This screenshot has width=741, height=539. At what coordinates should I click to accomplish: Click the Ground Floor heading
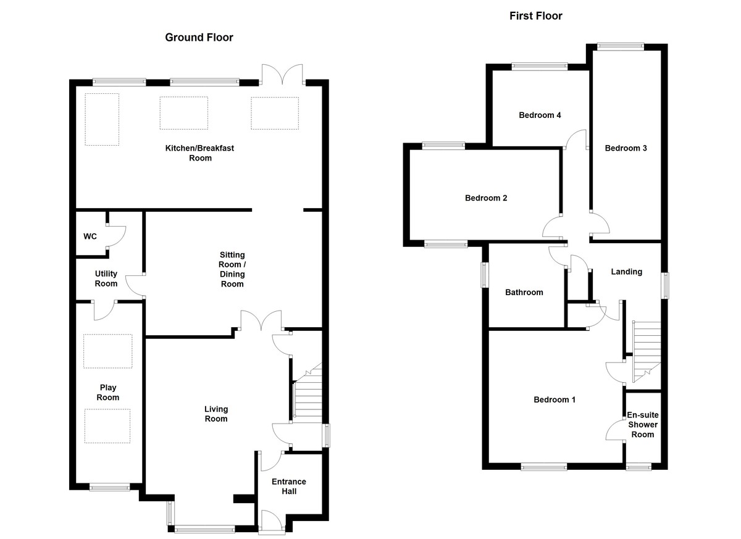[x=199, y=38]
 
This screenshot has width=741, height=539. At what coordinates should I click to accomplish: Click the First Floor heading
[x=535, y=16]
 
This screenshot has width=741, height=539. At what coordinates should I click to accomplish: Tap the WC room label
[x=90, y=236]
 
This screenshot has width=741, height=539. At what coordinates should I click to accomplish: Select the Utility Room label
[x=106, y=278]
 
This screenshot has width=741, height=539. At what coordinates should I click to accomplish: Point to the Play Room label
[x=109, y=393]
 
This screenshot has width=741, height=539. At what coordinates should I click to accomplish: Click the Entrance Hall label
[x=288, y=487]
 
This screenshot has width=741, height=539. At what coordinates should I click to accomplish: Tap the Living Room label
[x=216, y=414]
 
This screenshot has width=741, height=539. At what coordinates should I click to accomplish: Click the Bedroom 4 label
[x=540, y=115]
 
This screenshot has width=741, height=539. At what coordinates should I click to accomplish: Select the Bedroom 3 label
[x=626, y=148]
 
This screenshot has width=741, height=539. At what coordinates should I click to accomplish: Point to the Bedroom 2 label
[x=486, y=198]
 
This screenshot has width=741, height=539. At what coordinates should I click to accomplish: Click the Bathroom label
[x=524, y=292]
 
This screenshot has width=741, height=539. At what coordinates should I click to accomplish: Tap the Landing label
[x=626, y=272]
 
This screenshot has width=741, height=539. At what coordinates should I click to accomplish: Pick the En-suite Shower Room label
[x=642, y=425]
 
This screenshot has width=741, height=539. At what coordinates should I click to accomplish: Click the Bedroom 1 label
[x=555, y=399]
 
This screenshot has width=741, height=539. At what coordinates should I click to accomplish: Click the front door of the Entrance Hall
[x=272, y=522]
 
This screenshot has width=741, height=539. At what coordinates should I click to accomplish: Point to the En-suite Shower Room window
[x=638, y=467]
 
